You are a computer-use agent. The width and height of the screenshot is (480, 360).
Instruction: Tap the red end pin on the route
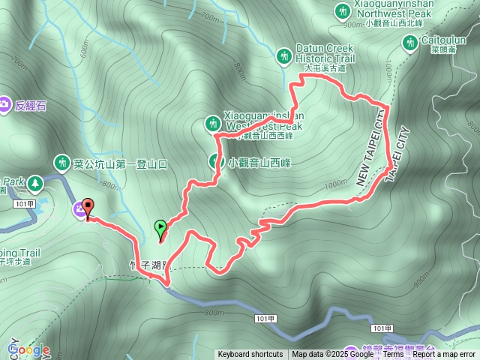pos(87,208)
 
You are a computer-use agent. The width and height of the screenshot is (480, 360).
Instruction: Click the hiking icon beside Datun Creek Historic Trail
pos(284,55)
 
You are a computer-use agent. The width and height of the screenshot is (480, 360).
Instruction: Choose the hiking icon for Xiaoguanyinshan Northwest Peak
pos(342,12)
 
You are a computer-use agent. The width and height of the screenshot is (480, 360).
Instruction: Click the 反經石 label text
pos(31,106)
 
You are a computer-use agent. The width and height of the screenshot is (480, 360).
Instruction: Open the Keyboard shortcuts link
pos(250,355)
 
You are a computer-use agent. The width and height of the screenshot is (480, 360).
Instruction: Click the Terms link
pos(393,355)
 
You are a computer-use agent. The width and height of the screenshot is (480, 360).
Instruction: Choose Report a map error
pos(444,355)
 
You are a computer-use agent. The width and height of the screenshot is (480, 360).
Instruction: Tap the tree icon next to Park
pos(34,182)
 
